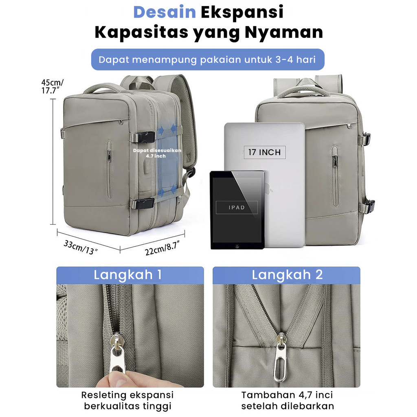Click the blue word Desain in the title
tap(165, 12)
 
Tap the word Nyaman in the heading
tap(283, 33)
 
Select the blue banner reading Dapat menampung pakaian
tap(208, 59)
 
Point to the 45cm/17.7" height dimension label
tap(53, 86)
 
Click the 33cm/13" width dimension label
tap(81, 247)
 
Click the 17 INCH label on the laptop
tap(265, 152)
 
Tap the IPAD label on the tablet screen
tap(237, 207)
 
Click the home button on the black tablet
tap(237, 246)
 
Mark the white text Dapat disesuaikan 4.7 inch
tap(157, 153)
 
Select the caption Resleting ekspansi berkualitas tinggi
tap(127, 401)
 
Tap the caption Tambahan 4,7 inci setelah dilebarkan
tap(287, 401)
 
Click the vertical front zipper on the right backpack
tap(335, 176)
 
